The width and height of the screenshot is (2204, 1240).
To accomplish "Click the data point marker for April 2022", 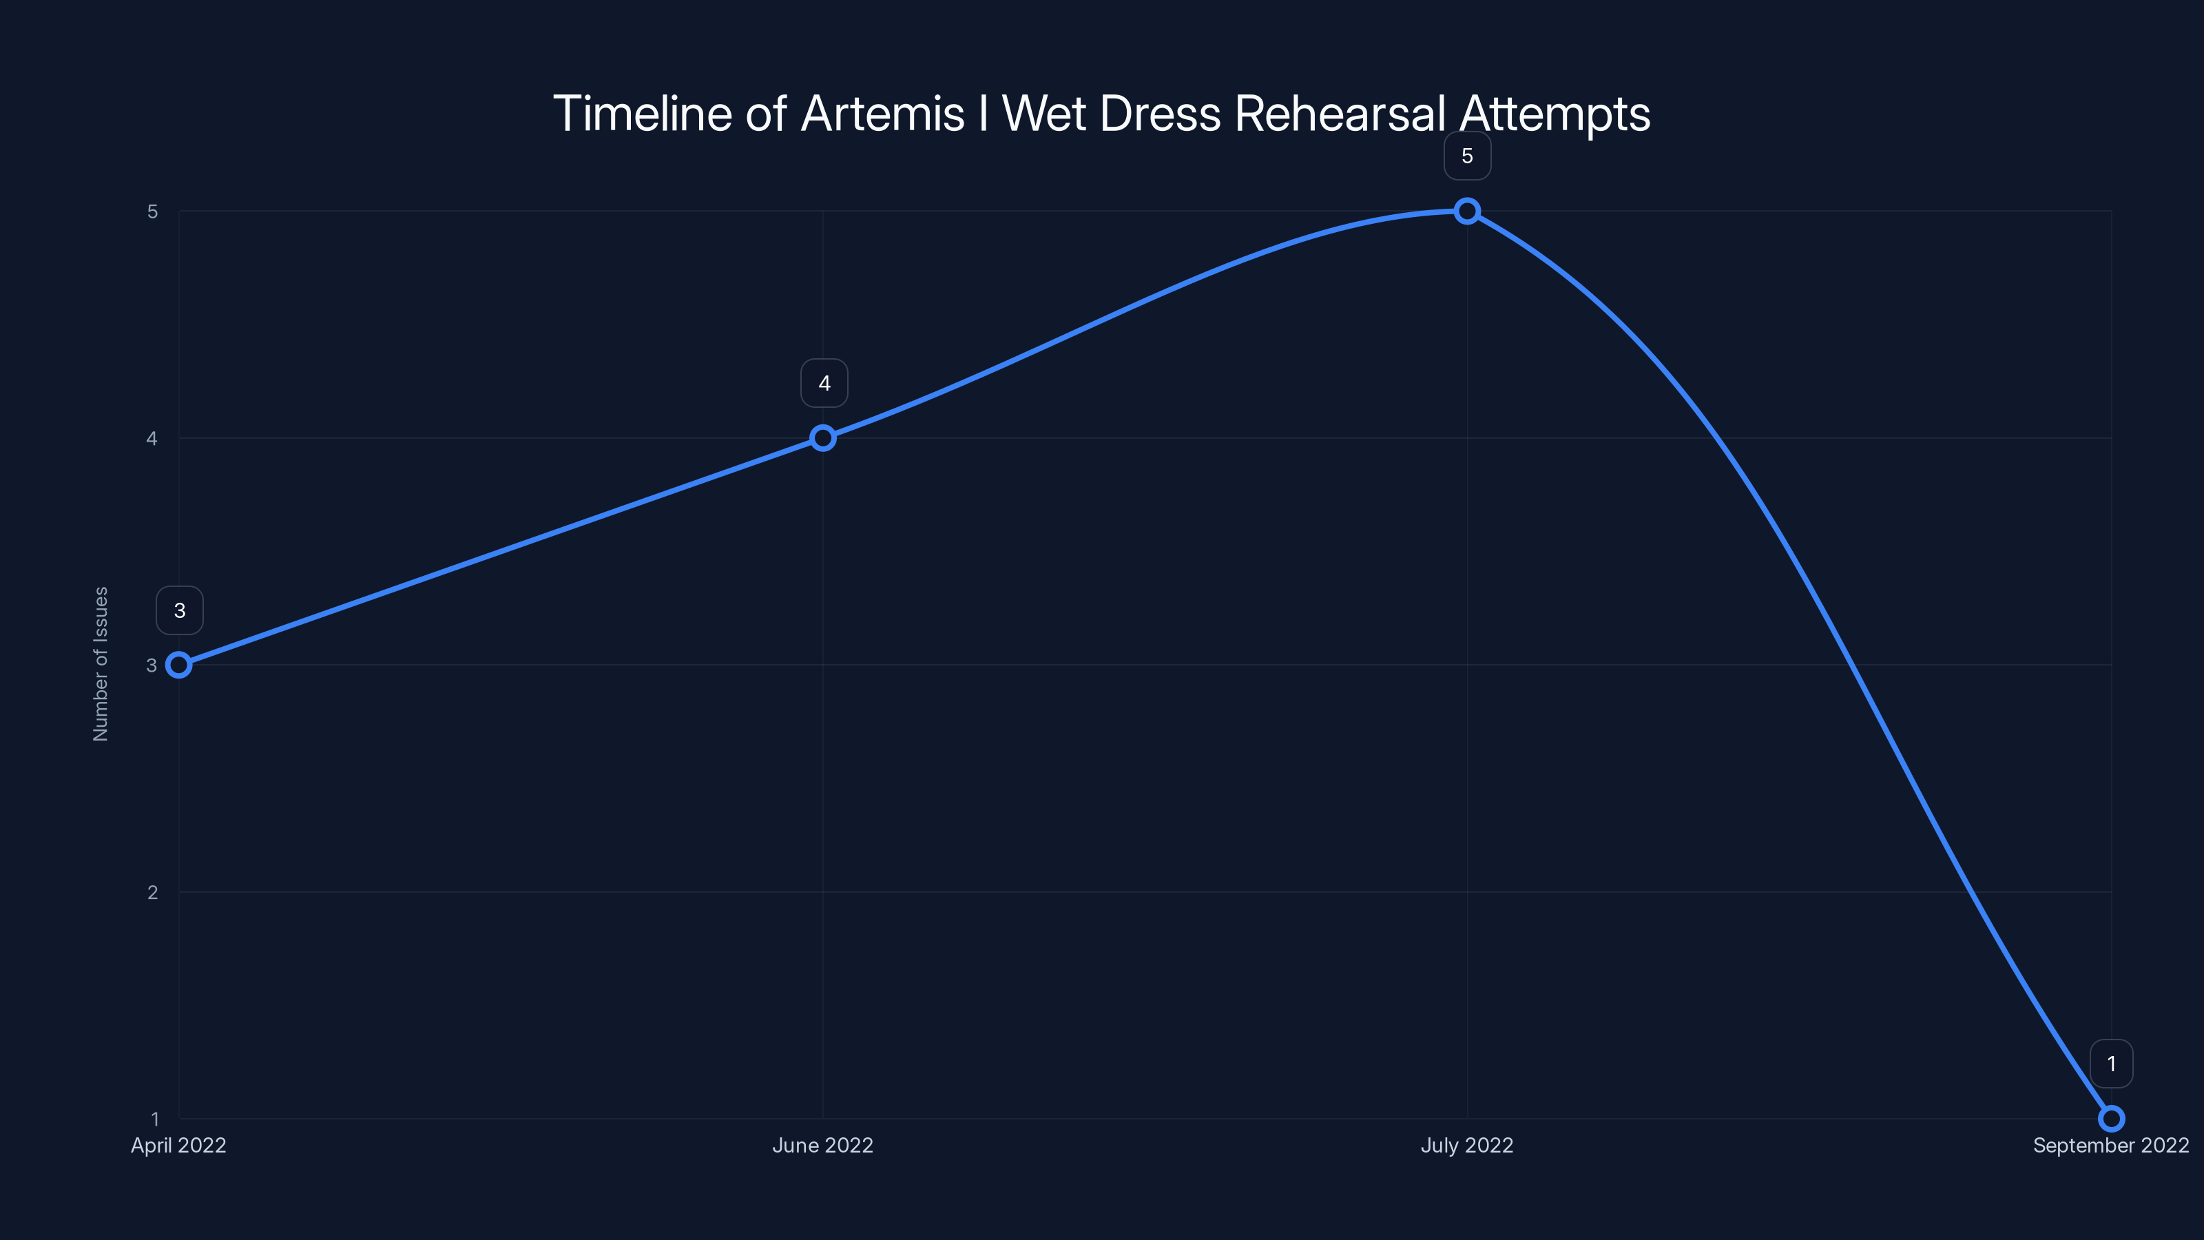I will [179, 665].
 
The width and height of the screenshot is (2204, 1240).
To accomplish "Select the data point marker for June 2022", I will [823, 438].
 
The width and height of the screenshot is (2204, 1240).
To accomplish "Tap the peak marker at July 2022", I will [1467, 211].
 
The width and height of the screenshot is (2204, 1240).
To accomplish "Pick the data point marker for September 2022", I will [2112, 1119].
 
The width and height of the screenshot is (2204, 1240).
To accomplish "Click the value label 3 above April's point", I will [180, 610].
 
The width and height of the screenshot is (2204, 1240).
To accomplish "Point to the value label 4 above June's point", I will [824, 384].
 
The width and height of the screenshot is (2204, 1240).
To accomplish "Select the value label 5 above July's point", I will [1467, 156].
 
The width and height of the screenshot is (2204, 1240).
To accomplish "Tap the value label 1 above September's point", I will [2112, 1064].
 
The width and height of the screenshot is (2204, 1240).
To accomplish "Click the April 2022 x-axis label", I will [179, 1146].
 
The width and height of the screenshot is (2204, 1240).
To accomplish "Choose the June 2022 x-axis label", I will [823, 1146].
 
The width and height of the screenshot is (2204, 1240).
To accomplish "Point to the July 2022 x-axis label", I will [1467, 1146].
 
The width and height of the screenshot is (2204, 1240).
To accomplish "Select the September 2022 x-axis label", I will [2111, 1146].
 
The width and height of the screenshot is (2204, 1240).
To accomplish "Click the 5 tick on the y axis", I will [152, 211].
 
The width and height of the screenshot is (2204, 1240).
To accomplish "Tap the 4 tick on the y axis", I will [152, 438].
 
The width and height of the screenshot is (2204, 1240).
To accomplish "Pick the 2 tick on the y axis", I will [152, 891].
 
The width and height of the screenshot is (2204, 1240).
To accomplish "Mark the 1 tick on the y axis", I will [155, 1119].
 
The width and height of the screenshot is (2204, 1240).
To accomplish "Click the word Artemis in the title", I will [882, 114].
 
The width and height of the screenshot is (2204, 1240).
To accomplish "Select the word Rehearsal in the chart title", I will [1340, 114].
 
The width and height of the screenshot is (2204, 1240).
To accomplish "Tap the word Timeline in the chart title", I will [642, 114].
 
